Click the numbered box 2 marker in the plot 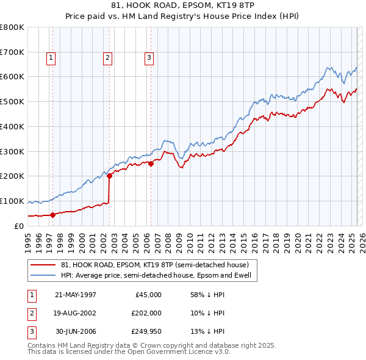coord(107,58)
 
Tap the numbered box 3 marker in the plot coord(149,58)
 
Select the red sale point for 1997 coord(52,214)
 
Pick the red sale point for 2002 coord(110,176)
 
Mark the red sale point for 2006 coord(151,163)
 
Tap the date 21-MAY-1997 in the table coord(76,294)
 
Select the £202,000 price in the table coord(146,314)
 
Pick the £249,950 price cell coord(146,333)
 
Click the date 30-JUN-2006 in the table coord(76,333)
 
